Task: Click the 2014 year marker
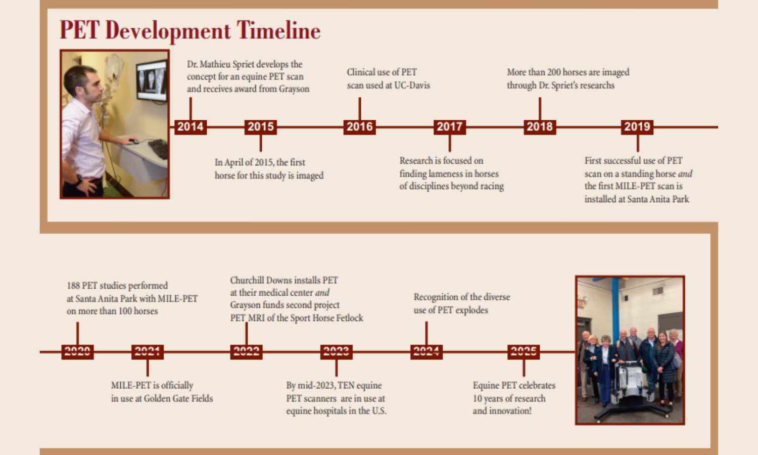tap(191, 127)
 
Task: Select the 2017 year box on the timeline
tap(450, 127)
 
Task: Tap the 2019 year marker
tap(637, 127)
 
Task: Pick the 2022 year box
tap(247, 352)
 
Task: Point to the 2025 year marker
tap(524, 352)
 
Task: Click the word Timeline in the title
tap(278, 30)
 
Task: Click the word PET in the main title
tap(79, 30)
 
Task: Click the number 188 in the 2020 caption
tap(73, 286)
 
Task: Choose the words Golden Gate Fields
tap(178, 398)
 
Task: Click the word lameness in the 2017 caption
tap(449, 174)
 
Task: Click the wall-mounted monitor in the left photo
tap(152, 81)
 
